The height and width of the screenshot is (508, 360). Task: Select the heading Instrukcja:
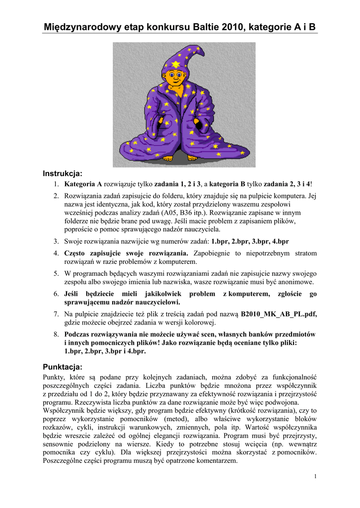coord(62,174)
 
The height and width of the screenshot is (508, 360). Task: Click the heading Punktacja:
coord(62,367)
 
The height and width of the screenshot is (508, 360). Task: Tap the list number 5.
coord(57,273)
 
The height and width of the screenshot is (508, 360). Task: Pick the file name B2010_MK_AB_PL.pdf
coord(279,314)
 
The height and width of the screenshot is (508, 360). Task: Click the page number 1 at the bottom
coord(315,477)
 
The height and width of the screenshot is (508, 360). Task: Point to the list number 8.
coord(57,334)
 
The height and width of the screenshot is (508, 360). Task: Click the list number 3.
coord(57,241)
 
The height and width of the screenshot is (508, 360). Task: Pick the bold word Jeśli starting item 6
coord(72,294)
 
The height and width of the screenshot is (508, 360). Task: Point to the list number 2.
coord(57,196)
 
